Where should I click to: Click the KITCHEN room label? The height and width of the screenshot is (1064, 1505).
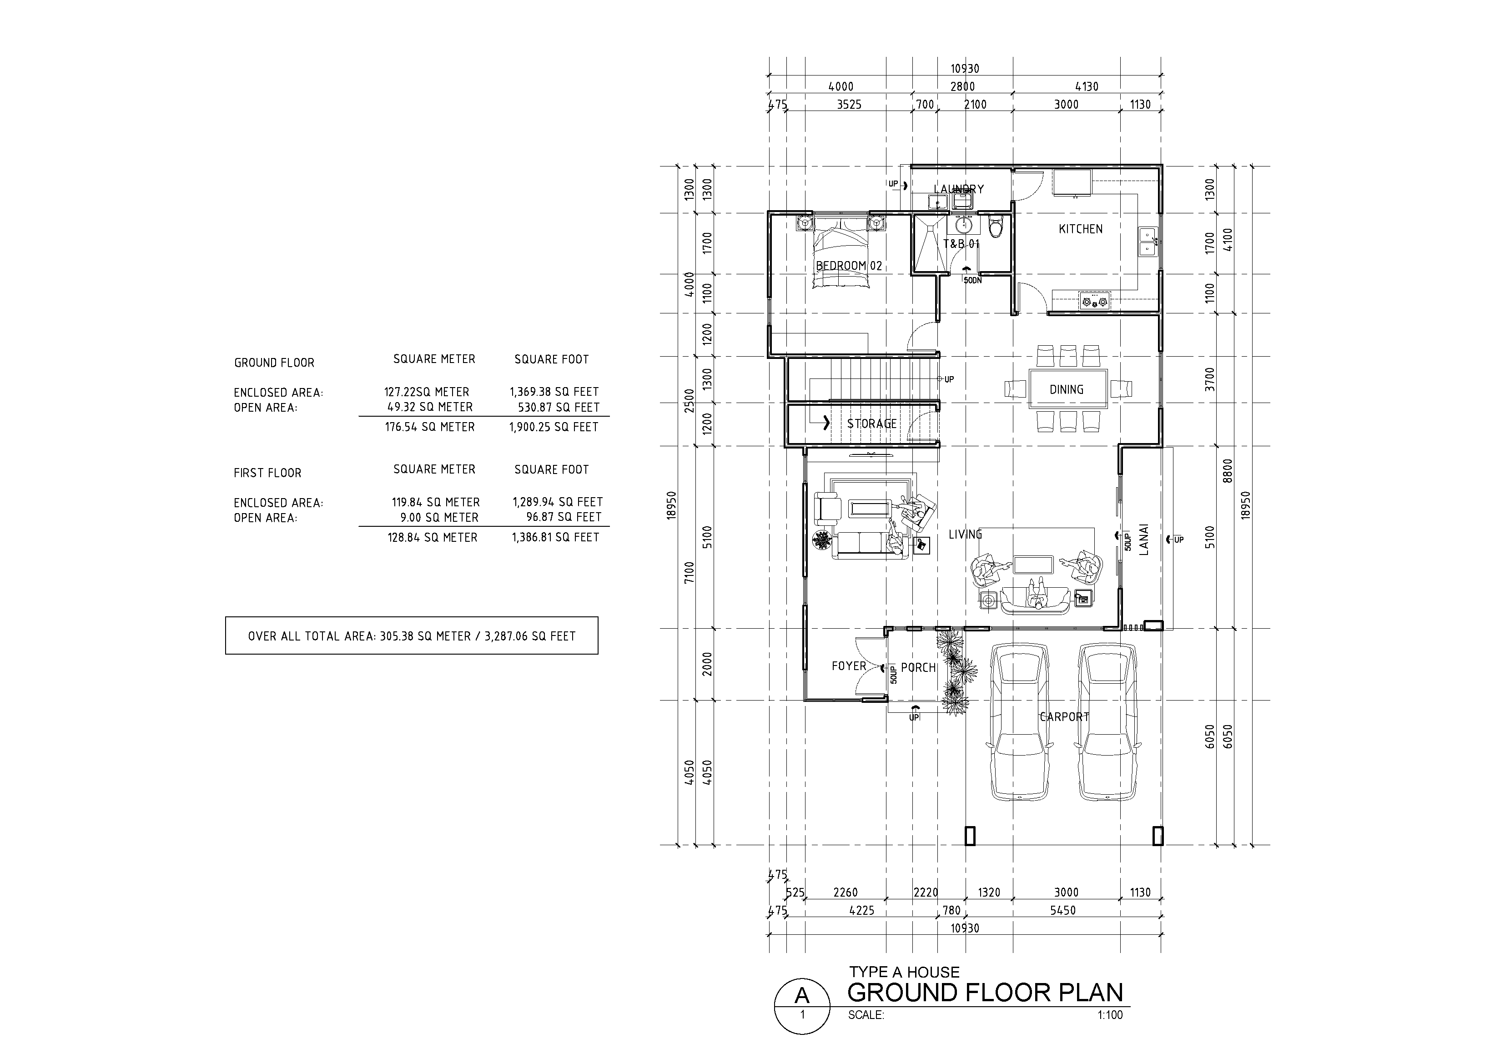(1080, 229)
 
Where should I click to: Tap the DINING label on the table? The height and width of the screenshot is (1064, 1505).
(1067, 389)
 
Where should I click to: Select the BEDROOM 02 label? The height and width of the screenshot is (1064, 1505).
(849, 266)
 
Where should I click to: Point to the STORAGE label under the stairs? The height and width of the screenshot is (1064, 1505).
(872, 424)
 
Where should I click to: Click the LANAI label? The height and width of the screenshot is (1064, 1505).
(1144, 539)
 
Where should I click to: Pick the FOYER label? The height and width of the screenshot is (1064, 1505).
(849, 666)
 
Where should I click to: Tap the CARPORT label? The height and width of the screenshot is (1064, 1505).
(1065, 717)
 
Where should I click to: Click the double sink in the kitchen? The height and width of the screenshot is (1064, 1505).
(1147, 241)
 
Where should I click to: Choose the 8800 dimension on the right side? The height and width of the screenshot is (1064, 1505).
(1228, 471)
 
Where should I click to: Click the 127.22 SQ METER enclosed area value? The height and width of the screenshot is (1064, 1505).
(427, 392)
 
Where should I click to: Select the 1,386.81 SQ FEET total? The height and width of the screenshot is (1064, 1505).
(555, 538)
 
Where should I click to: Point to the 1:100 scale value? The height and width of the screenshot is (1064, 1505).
(1110, 1015)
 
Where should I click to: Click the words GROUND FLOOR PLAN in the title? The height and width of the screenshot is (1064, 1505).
(985, 993)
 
